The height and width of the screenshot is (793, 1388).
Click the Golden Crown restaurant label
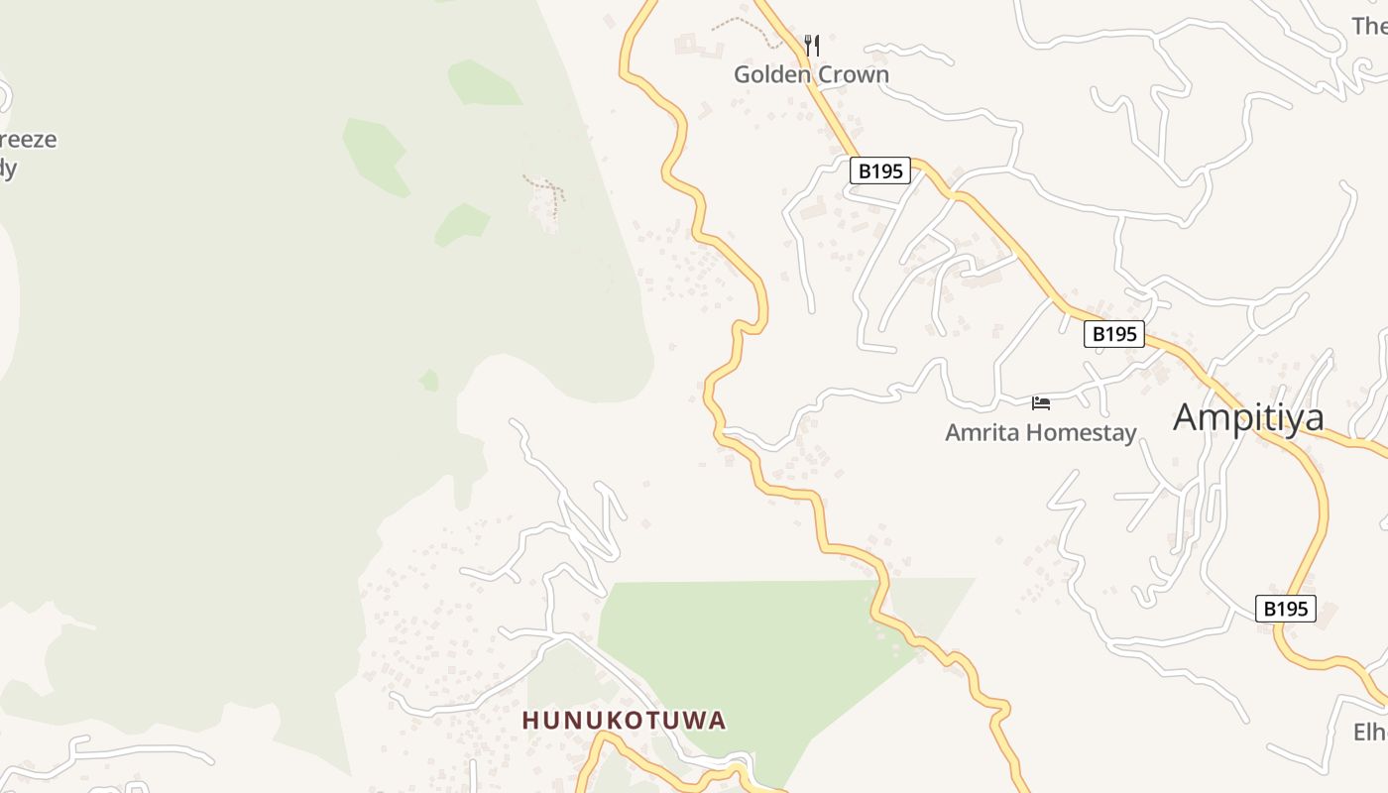811,74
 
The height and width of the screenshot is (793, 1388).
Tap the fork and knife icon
812,45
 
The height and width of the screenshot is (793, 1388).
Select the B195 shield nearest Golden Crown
880,170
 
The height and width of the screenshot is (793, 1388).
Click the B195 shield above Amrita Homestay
1114,334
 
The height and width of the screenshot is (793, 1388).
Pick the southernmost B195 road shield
1286,609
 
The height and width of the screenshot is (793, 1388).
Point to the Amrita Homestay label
1040,432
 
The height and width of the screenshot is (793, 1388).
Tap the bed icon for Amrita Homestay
1041,402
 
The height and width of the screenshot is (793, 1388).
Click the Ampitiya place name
1248,417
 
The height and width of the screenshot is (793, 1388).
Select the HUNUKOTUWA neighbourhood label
625,721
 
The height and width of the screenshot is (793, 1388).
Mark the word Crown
851,74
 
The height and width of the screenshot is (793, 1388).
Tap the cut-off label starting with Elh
1370,733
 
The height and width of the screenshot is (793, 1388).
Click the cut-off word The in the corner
1370,26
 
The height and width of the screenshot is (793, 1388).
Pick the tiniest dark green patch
429,380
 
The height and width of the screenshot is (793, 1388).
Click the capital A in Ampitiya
1188,417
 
